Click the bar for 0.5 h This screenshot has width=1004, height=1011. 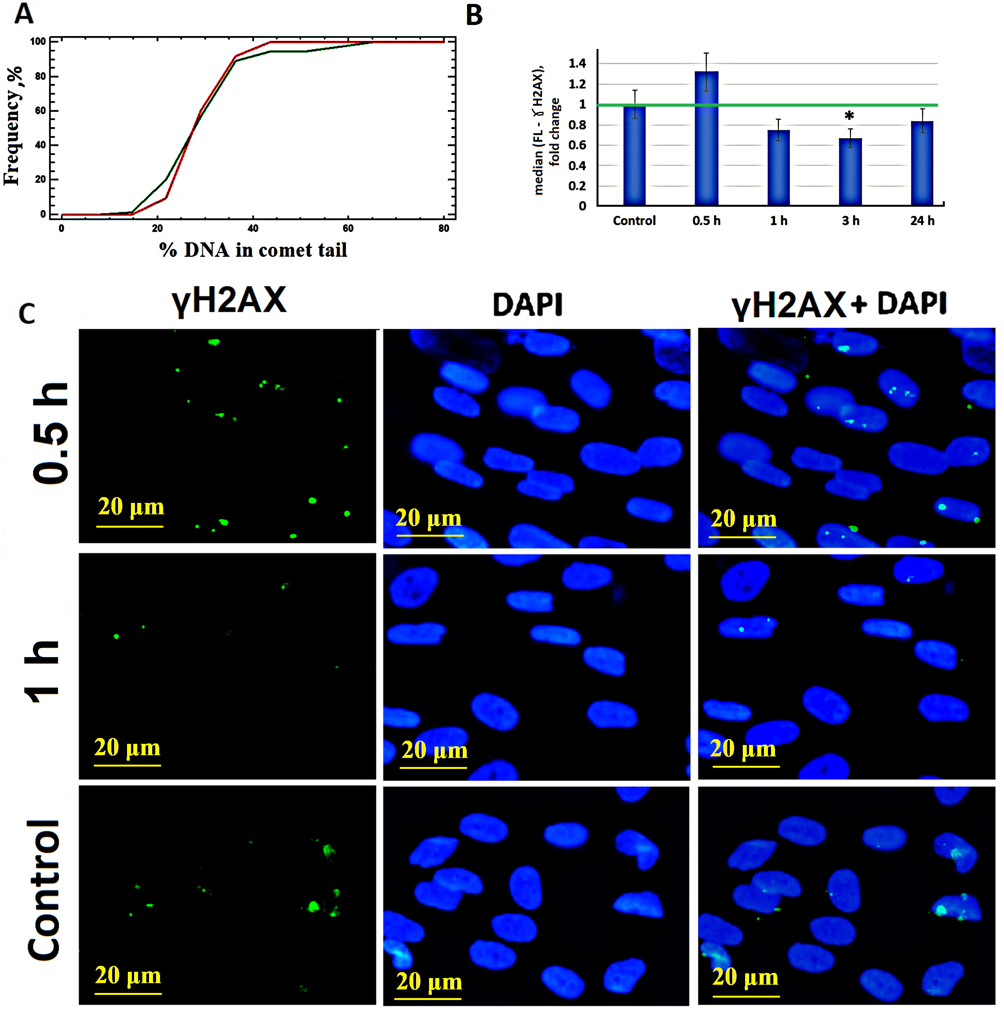[706, 138]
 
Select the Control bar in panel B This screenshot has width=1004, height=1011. [634, 155]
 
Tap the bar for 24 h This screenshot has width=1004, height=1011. [922, 163]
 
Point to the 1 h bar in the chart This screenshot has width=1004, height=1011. [778, 168]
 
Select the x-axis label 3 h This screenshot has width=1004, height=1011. [850, 221]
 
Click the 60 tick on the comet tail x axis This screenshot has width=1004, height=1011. [348, 228]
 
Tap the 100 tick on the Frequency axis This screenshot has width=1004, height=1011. [38, 41]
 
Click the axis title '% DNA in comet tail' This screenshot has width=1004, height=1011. [253, 250]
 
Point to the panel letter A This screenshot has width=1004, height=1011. [24, 14]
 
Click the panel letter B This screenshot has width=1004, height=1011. [474, 15]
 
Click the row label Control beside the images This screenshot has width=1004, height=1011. [44, 890]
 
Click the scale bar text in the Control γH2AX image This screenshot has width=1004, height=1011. [128, 975]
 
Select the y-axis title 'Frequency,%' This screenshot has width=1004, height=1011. [13, 126]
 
